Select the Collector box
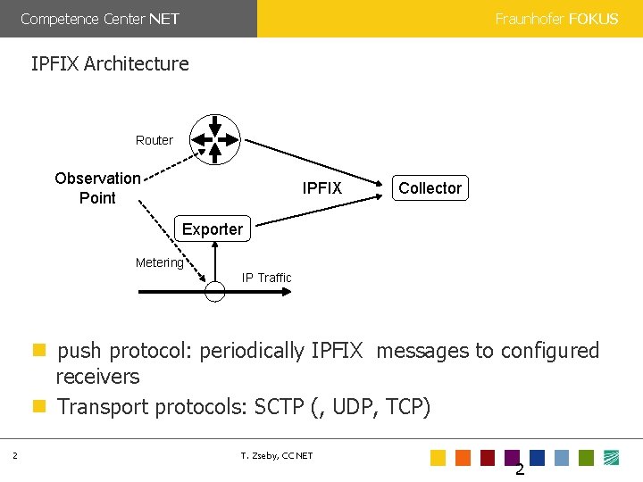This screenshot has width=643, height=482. pyautogui.click(x=430, y=187)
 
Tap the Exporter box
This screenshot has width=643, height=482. pyautogui.click(x=212, y=229)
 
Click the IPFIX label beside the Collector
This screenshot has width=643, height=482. pyautogui.click(x=321, y=187)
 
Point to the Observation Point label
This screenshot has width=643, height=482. pyautogui.click(x=97, y=187)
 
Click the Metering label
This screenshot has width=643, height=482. pyautogui.click(x=159, y=262)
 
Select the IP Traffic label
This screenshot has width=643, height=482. pyautogui.click(x=266, y=278)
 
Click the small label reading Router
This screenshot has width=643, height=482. pyautogui.click(x=154, y=140)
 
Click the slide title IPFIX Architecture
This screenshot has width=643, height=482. pyautogui.click(x=110, y=63)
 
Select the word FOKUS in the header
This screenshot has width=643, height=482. pyautogui.click(x=593, y=19)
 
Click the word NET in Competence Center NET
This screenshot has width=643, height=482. pyautogui.click(x=164, y=19)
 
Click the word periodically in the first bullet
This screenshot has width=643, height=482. pyautogui.click(x=252, y=351)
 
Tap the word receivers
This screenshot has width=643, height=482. pyautogui.click(x=98, y=377)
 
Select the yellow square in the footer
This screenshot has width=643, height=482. pyautogui.click(x=438, y=458)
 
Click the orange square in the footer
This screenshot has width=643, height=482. pyautogui.click(x=463, y=458)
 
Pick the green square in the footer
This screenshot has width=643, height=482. pyautogui.click(x=586, y=458)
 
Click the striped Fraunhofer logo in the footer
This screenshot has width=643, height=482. pyautogui.click(x=612, y=458)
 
